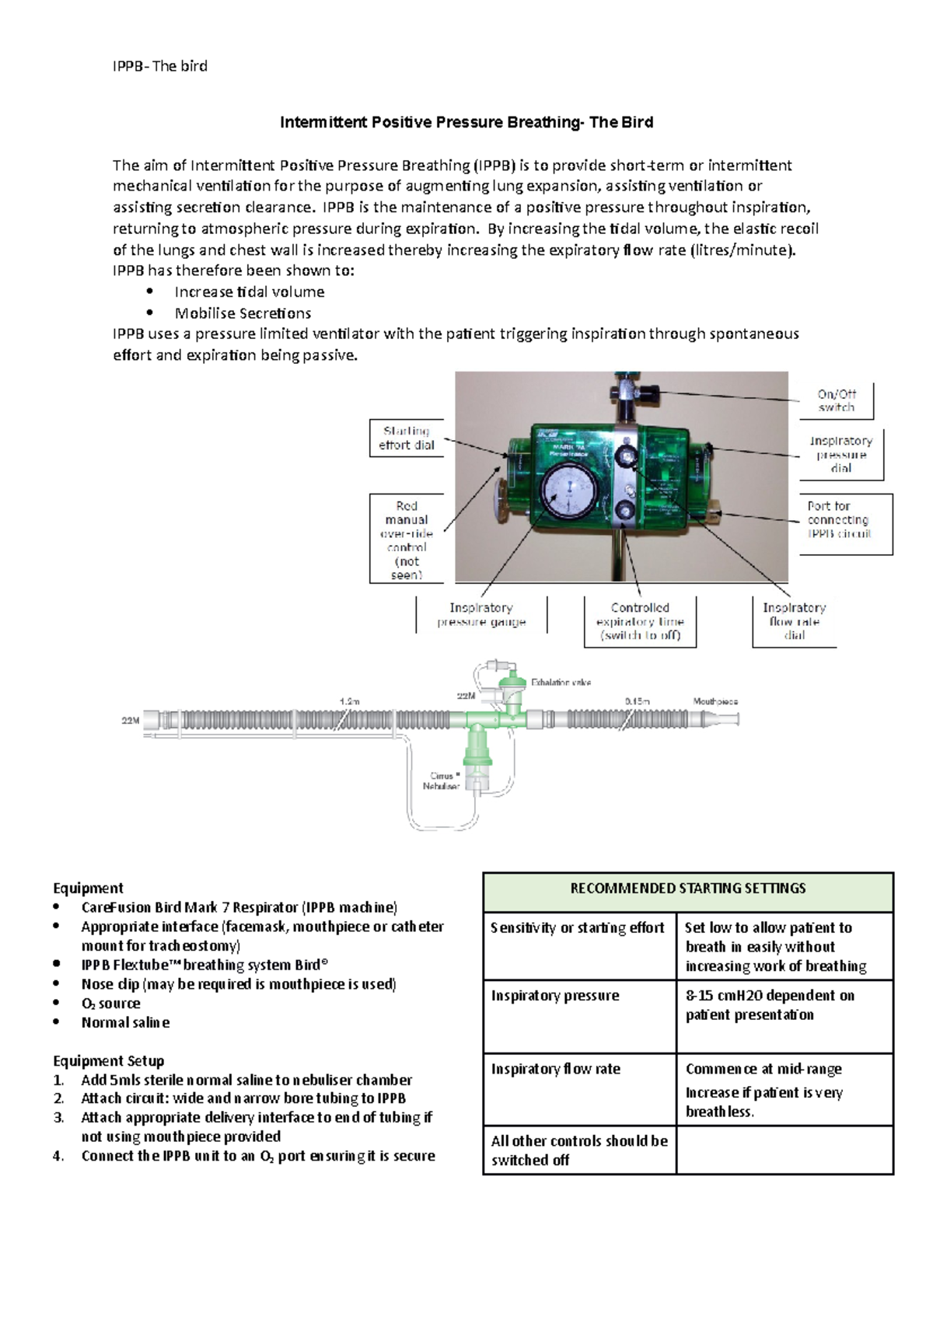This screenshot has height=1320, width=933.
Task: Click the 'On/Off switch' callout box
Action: pyautogui.click(x=836, y=400)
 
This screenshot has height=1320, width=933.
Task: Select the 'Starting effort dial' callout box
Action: pyautogui.click(x=407, y=438)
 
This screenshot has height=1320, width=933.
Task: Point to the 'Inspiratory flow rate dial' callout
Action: pyautogui.click(x=794, y=621)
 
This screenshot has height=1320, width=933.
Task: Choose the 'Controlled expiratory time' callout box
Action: pyautogui.click(x=640, y=621)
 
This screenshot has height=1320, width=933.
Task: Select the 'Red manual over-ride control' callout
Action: pyautogui.click(x=407, y=540)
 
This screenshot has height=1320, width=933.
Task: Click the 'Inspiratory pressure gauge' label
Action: pyautogui.click(x=481, y=614)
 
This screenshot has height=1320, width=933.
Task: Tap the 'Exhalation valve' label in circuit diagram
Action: pyautogui.click(x=561, y=682)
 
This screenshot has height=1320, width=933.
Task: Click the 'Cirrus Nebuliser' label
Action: pyautogui.click(x=442, y=780)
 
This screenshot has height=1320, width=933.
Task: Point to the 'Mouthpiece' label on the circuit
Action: pyautogui.click(x=715, y=701)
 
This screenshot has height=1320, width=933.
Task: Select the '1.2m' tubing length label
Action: pyautogui.click(x=350, y=701)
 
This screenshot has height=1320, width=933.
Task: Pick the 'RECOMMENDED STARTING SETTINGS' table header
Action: pyautogui.click(x=688, y=889)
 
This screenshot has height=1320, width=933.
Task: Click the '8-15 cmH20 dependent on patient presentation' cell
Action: pyautogui.click(x=770, y=1005)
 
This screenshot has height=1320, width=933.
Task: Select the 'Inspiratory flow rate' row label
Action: pyautogui.click(x=555, y=1069)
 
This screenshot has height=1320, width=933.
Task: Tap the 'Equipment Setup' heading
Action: pyautogui.click(x=108, y=1060)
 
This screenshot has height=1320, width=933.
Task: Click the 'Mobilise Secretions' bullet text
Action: pyautogui.click(x=243, y=313)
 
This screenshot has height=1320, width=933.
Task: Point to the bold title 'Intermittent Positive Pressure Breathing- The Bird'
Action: pyautogui.click(x=466, y=122)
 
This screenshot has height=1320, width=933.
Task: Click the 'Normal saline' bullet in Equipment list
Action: pyautogui.click(x=125, y=1022)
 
